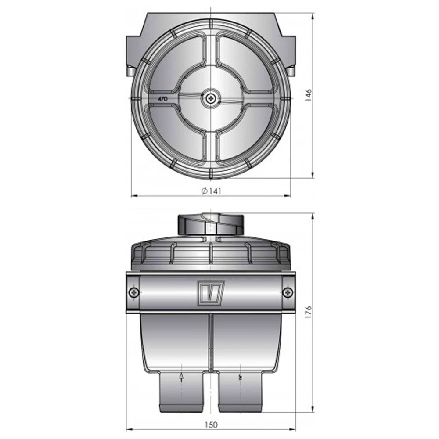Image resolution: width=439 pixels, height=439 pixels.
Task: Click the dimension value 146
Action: pyautogui.click(x=308, y=95)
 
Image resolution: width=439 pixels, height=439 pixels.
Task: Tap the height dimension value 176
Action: pyautogui.click(x=308, y=313)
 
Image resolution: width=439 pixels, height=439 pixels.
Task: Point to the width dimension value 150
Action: pyautogui.click(x=211, y=425)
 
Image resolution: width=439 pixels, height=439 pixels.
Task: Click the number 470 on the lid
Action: pyautogui.click(x=163, y=99)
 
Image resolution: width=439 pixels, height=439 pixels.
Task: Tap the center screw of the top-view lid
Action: pyautogui.click(x=210, y=98)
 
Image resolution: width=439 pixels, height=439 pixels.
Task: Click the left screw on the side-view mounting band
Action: pyautogui.click(x=134, y=293)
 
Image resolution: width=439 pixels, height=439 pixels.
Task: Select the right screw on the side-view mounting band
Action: pyautogui.click(x=288, y=293)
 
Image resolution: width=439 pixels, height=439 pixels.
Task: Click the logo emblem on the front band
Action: pyautogui.click(x=211, y=293)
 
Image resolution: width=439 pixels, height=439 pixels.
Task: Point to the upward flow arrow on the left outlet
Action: pyautogui.click(x=181, y=378)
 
